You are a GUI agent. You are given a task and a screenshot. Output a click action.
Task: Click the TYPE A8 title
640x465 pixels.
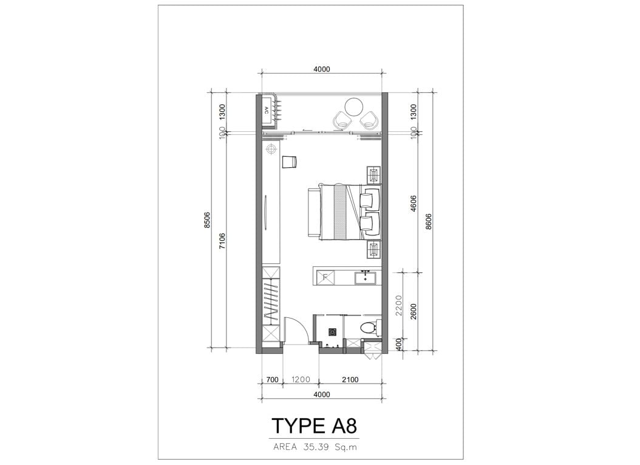[314, 425]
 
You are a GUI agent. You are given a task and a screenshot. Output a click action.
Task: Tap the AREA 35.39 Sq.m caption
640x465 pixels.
[315, 447]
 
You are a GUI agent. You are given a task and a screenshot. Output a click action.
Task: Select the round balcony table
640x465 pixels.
[354, 107]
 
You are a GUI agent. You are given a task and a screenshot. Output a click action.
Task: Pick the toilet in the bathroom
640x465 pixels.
[370, 328]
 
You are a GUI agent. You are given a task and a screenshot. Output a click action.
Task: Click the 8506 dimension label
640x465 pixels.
[207, 220]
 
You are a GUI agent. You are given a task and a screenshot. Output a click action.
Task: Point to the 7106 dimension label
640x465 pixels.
[222, 241]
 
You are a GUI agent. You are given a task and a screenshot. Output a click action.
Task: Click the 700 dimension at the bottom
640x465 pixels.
[272, 380]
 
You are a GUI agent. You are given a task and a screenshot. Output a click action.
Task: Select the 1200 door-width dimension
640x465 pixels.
[301, 380]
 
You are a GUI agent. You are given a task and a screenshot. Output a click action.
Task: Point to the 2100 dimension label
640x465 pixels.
[350, 380]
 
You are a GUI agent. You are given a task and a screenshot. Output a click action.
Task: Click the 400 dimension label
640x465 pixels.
[399, 345]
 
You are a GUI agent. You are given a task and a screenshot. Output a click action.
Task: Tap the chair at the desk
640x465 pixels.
[289, 161]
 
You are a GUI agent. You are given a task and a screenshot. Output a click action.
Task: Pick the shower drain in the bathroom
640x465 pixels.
[333, 332]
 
